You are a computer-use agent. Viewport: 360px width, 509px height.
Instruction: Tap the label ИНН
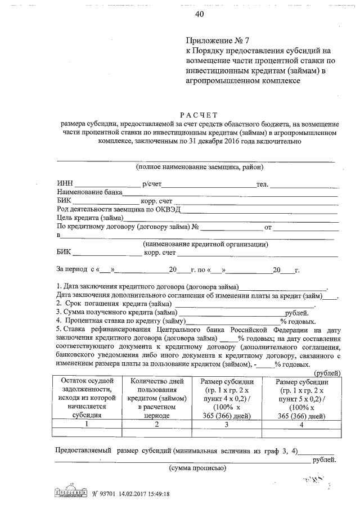pos(65,184)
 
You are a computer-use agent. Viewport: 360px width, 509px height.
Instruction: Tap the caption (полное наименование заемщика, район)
pos(199,167)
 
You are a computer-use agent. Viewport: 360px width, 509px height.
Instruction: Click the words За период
pos(70,270)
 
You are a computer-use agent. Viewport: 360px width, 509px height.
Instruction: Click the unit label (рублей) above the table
pos(326,373)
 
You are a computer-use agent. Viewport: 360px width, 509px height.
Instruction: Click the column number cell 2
pos(157,424)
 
